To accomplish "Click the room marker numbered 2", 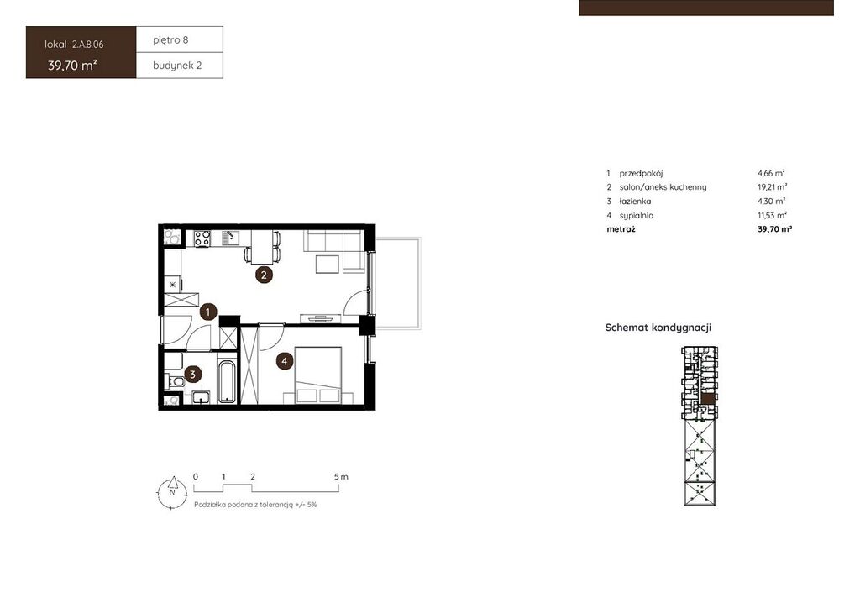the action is click(264, 275).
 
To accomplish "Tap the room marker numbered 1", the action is click(208, 312).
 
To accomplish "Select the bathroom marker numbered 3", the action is click(192, 375).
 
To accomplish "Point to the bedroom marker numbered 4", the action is click(284, 361).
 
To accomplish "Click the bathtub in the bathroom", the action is click(227, 381).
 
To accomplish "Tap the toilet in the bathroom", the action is click(175, 381).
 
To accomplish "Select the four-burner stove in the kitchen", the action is click(202, 239).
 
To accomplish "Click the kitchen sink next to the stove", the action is click(230, 238).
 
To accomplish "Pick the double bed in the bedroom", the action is click(318, 375).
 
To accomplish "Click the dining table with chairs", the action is click(262, 247).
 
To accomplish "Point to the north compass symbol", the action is click(172, 492).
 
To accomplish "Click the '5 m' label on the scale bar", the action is click(341, 476).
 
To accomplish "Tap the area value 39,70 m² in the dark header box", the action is click(72, 66).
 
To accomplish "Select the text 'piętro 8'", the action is click(170, 40).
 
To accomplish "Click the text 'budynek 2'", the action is click(177, 66).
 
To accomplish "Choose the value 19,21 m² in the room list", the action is click(773, 187).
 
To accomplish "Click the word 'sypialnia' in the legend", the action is click(637, 216).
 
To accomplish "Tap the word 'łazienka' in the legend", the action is click(635, 202).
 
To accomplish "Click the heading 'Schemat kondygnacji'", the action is click(658, 328).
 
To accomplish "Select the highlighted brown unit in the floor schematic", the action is click(709, 399).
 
